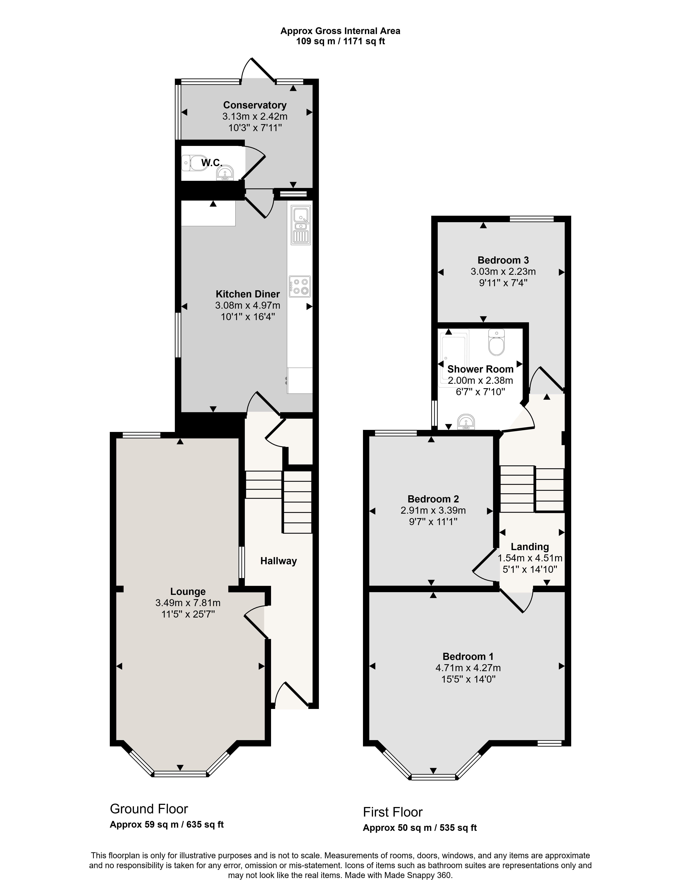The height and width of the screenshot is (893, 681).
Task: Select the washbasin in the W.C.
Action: [x=225, y=173]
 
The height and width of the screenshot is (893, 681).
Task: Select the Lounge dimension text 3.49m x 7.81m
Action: [x=188, y=603]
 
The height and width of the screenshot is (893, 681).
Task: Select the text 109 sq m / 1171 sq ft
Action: [x=340, y=41]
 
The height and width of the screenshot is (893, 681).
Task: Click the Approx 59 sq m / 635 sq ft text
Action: [x=167, y=825]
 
